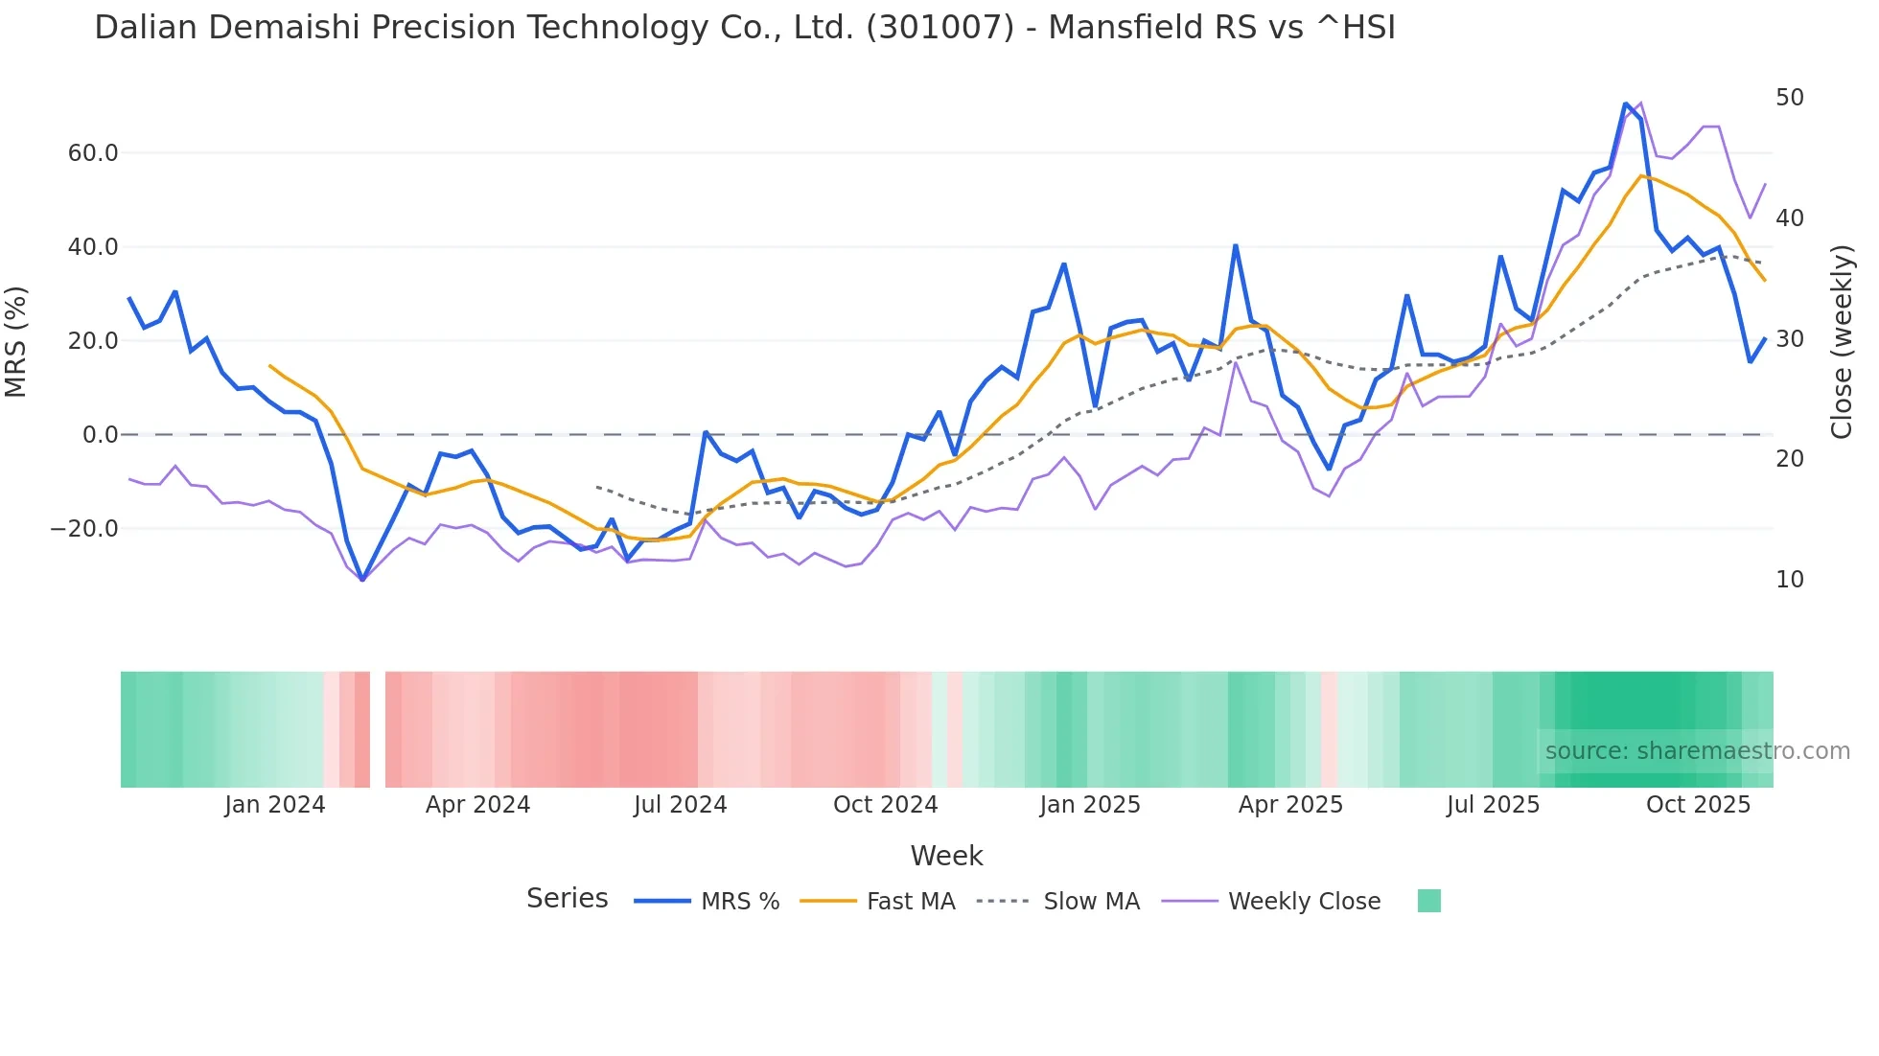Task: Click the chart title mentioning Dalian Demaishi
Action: (744, 28)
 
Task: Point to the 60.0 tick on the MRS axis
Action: (93, 153)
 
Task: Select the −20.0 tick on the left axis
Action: (85, 529)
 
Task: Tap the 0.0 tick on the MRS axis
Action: (100, 435)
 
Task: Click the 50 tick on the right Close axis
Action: (1789, 98)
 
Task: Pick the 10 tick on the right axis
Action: (1789, 580)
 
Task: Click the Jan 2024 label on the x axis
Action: (275, 805)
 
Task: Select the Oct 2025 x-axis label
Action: (1698, 805)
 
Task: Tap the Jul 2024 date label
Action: (680, 805)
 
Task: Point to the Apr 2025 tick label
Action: (1290, 805)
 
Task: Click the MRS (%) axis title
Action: (16, 341)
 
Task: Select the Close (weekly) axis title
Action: (1842, 341)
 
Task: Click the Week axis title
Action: (946, 856)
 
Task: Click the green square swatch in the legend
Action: (1428, 901)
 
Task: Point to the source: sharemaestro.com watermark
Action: (1697, 751)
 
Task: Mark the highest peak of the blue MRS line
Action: (1626, 103)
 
